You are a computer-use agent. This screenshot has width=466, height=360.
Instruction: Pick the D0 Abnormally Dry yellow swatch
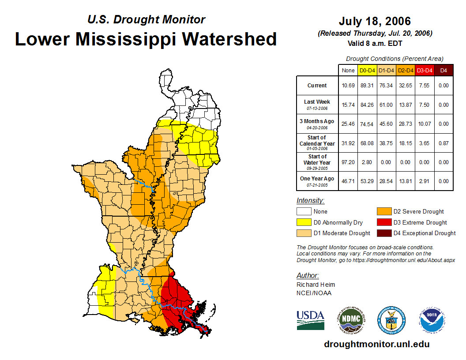point(303,222)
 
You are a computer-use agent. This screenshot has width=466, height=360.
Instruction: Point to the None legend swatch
point(303,211)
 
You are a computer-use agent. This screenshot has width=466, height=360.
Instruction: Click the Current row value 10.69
point(348,86)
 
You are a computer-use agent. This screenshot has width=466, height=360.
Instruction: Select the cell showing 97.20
point(348,162)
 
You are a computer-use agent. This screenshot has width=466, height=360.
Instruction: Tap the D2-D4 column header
point(406,70)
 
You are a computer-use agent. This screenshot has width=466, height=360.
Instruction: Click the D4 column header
point(443,70)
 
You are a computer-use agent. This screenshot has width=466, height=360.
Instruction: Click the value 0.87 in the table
point(443,143)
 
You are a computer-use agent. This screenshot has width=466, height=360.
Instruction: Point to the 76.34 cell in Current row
point(387,86)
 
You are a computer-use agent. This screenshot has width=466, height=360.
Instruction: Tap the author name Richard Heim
point(316,285)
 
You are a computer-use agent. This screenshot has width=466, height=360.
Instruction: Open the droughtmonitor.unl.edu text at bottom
point(376,344)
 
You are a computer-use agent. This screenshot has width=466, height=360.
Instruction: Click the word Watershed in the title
point(229,39)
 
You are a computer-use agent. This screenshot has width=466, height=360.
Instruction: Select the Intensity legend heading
point(310,201)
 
